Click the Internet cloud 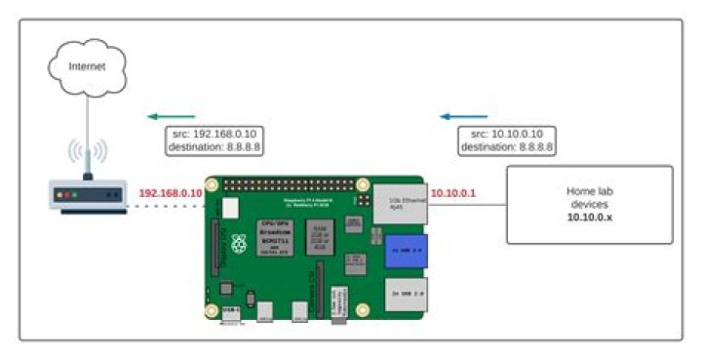(x=87, y=67)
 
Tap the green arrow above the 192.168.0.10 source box (x=172, y=116)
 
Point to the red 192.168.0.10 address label (x=171, y=193)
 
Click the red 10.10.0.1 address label (x=452, y=193)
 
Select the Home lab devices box (x=589, y=204)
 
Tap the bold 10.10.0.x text (x=589, y=220)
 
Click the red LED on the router (x=61, y=195)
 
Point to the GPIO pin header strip (x=283, y=183)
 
